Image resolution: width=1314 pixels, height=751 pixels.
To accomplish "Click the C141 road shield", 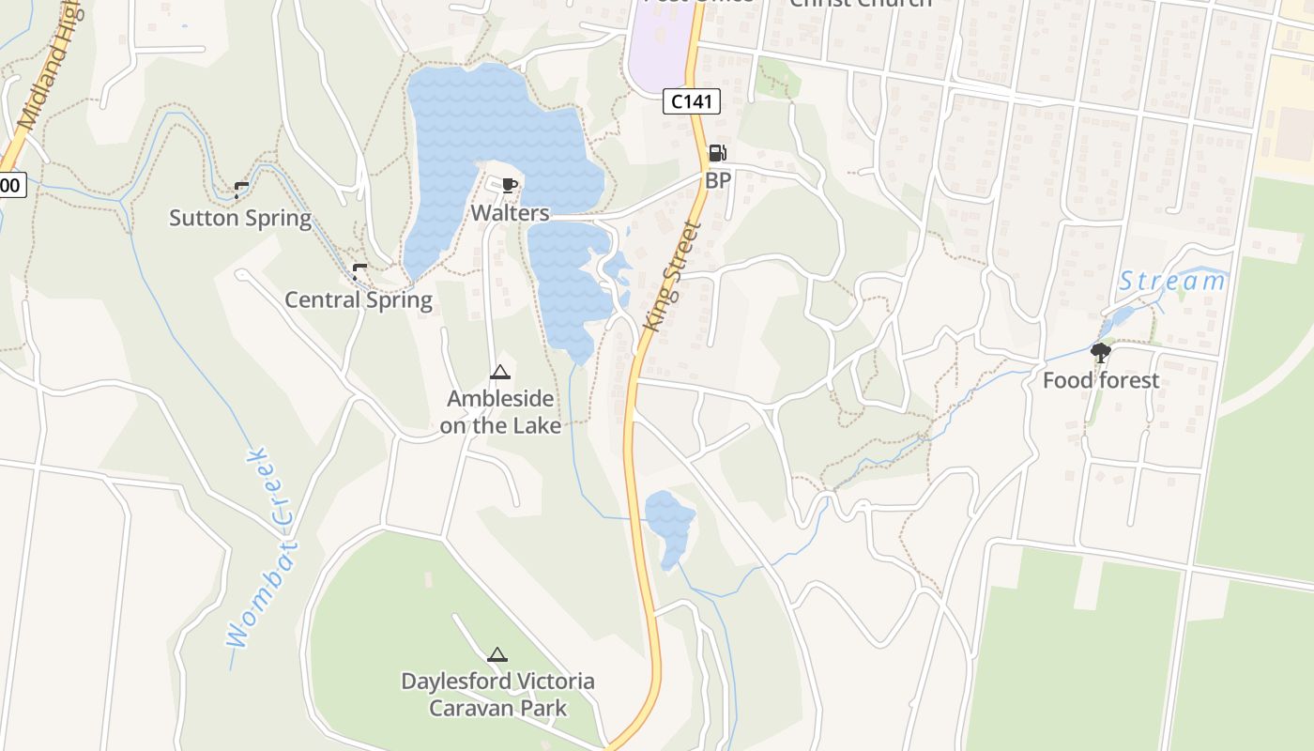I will tap(692, 101).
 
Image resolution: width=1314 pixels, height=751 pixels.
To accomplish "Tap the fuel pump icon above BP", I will tap(717, 153).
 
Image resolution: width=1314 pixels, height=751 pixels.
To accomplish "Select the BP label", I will tap(718, 180).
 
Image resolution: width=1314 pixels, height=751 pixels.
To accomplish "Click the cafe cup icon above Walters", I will tap(509, 185).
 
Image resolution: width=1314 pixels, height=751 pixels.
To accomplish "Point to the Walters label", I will tap(510, 213).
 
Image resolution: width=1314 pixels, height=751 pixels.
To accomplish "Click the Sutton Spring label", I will tap(240, 218).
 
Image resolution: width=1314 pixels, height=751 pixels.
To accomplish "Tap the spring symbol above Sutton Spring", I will tap(240, 191).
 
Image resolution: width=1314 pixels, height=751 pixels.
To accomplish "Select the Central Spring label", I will tap(359, 300).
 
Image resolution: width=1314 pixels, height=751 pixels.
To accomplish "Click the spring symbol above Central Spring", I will tap(359, 272).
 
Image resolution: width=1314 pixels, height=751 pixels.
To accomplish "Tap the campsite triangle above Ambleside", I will tap(499, 373).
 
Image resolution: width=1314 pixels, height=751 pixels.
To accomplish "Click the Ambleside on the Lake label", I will tap(500, 412).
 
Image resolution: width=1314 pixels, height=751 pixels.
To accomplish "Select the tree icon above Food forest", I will tap(1101, 353).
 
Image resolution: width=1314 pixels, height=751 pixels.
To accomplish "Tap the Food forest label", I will tap(1101, 380).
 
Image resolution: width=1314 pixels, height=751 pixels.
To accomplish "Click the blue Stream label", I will tap(1172, 281).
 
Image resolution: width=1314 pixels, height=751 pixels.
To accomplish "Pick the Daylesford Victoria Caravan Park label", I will tap(497, 694).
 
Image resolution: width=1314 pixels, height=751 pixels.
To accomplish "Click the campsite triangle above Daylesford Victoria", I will tap(497, 654).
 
